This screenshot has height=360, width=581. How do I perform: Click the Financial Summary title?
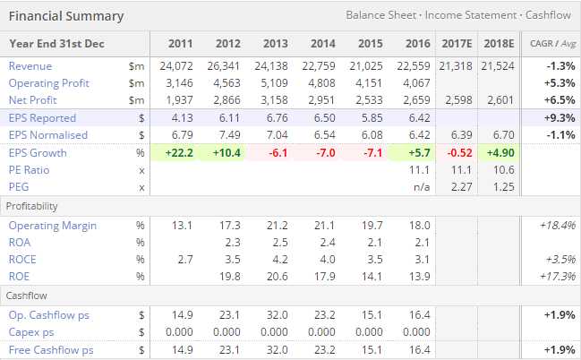(x=66, y=16)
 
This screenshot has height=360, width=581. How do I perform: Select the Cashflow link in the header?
(x=547, y=15)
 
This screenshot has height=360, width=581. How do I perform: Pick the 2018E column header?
(x=500, y=43)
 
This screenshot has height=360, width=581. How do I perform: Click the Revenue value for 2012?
(x=227, y=66)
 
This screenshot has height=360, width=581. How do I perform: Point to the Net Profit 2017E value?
(x=458, y=100)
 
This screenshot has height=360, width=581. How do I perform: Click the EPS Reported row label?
(x=42, y=118)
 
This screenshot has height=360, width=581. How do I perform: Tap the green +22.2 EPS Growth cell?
(x=180, y=153)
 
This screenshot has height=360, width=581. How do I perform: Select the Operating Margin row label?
(x=47, y=226)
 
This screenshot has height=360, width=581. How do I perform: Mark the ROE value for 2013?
(x=277, y=276)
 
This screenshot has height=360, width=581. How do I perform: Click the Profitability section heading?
(x=32, y=206)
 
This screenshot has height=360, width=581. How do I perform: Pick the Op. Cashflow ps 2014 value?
(x=323, y=314)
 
